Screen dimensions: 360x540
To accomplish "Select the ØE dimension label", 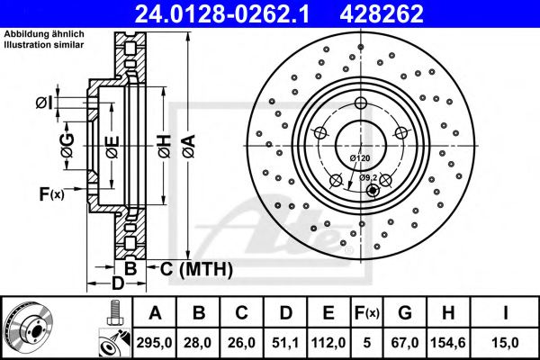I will (111, 144).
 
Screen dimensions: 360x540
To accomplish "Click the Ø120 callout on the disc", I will (360, 158).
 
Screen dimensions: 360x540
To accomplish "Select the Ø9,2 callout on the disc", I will (369, 177).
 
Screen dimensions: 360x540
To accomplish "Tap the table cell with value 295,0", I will (155, 343).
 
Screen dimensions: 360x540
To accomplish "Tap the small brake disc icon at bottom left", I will (26, 328).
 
